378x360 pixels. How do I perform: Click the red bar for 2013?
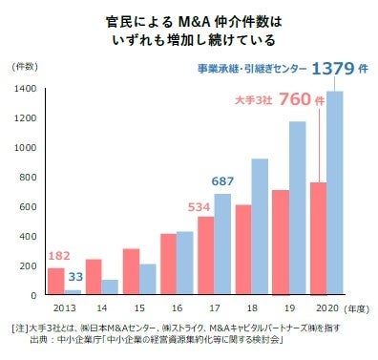(56, 281)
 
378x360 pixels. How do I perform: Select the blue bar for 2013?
(73, 291)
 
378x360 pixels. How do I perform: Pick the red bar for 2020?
(320, 238)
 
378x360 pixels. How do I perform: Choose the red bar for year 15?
(131, 271)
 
